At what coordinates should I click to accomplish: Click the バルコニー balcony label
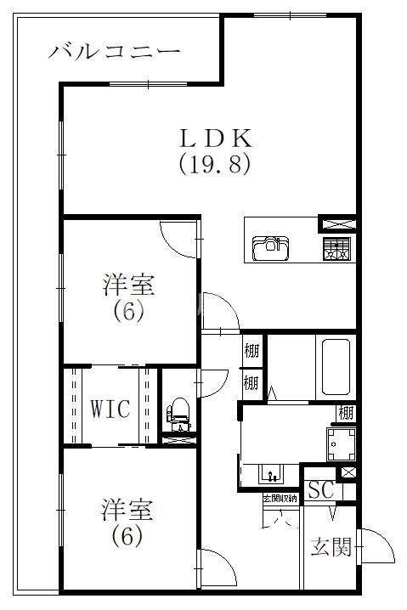tap(114, 52)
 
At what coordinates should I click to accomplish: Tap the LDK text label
tap(214, 137)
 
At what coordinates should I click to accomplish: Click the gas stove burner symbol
tap(336, 249)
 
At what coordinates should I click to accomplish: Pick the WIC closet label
tap(110, 409)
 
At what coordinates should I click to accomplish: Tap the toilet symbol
tap(178, 413)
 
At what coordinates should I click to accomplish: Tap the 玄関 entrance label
tap(331, 546)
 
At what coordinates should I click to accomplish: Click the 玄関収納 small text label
tap(280, 498)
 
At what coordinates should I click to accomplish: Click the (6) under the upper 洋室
tap(128, 310)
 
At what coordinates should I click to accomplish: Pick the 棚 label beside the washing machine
tap(346, 414)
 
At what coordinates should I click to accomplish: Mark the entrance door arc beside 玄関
tap(375, 544)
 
